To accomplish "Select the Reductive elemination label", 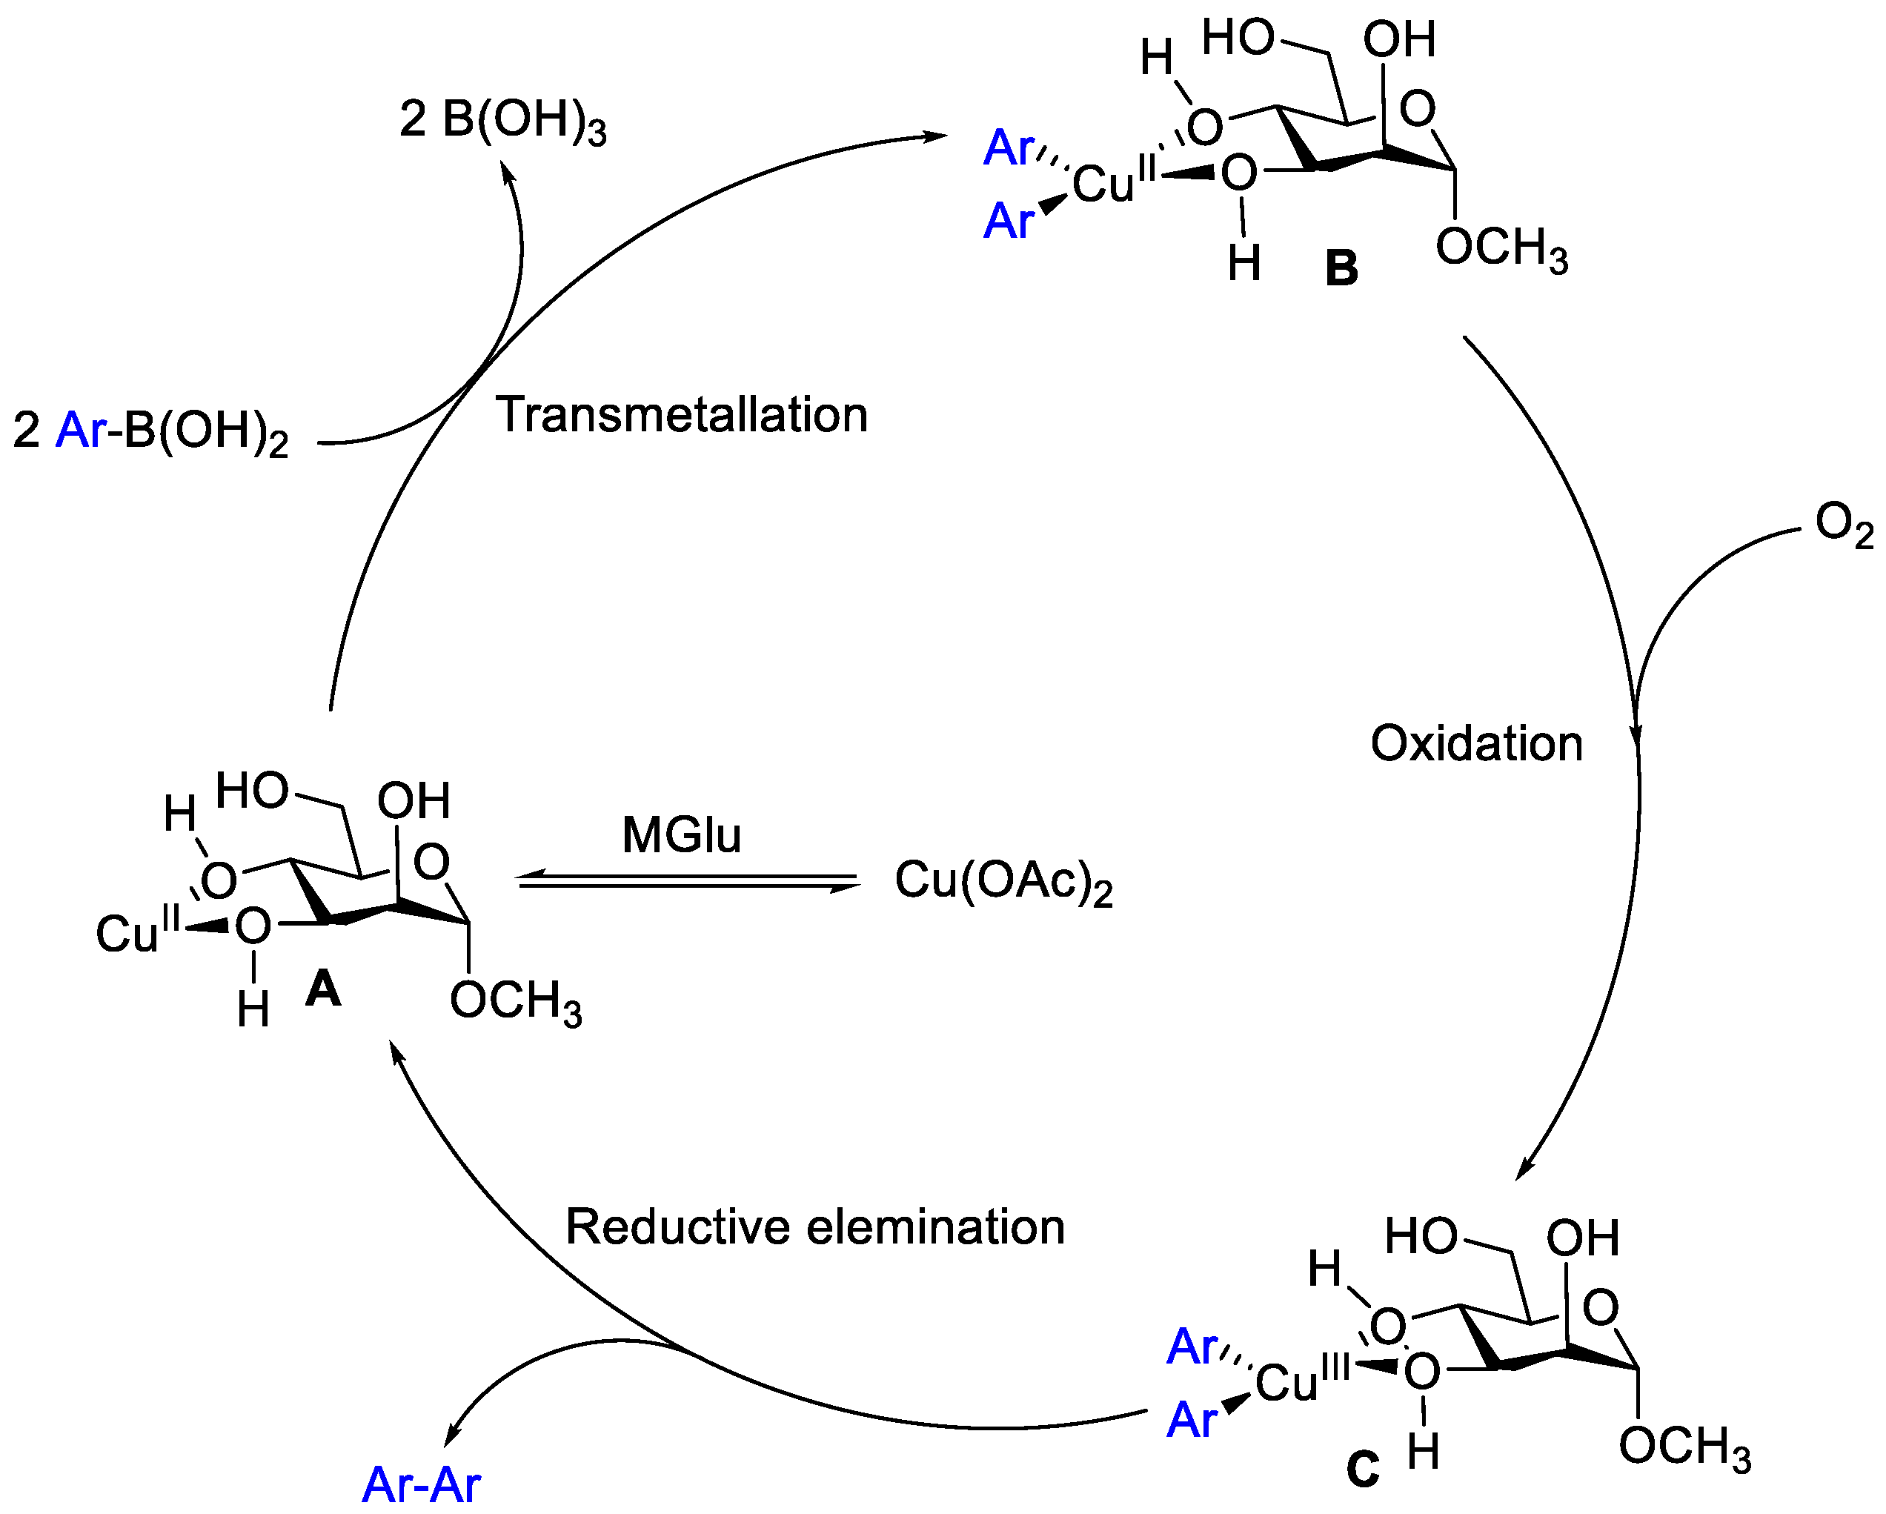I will [814, 1227].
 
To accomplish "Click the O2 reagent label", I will [1843, 525].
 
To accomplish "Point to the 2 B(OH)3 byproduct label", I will [502, 121].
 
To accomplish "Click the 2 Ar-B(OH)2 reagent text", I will [150, 431].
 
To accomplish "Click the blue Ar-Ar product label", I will [421, 1484].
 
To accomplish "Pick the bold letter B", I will [1341, 268].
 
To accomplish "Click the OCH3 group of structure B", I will [1501, 248].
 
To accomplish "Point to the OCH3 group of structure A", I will [515, 1000].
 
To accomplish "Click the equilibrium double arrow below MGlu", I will [688, 882].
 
